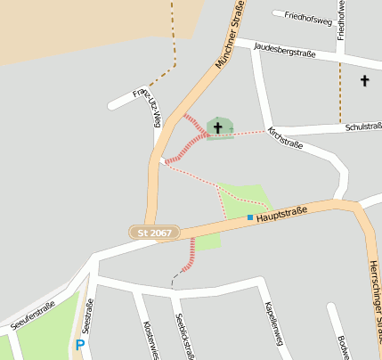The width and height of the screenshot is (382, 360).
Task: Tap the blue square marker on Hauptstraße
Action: pos(250,217)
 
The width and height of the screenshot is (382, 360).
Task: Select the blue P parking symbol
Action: pos(80,345)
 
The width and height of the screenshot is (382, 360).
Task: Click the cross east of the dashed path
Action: pos(363,82)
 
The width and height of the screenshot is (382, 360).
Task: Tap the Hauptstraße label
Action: pos(280,213)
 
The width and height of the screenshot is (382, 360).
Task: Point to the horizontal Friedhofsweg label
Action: pos(307,16)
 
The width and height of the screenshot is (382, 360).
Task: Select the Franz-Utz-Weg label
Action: pos(145,107)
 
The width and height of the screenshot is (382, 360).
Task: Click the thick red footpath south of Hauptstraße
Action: pos(187,256)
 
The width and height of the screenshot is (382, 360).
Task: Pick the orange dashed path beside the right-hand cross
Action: pos(340,89)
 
